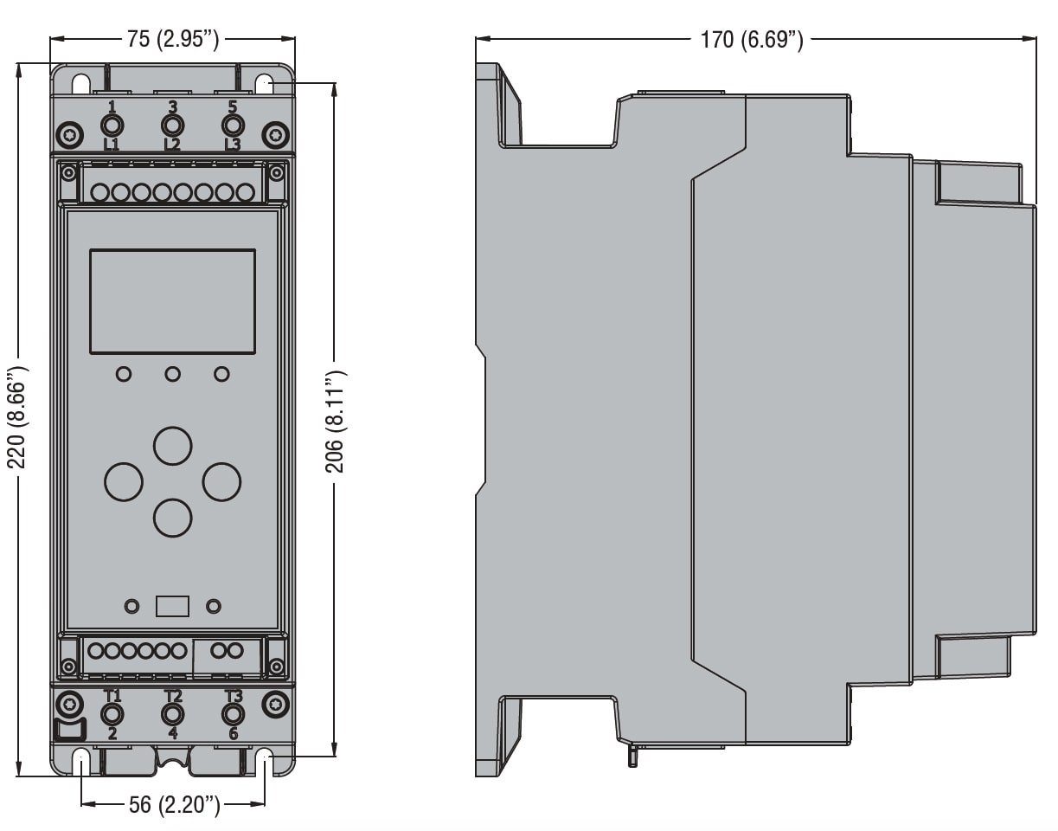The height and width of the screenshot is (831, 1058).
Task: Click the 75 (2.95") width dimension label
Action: (173, 40)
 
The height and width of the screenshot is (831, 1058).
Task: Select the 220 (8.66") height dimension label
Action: (18, 418)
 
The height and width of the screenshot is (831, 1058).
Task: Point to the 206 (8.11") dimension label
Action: (336, 421)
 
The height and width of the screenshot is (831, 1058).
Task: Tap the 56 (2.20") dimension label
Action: (173, 806)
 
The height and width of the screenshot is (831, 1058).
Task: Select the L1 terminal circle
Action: (112, 125)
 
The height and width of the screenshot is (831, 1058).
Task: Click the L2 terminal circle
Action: (172, 125)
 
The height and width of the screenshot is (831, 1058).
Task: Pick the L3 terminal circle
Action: (232, 125)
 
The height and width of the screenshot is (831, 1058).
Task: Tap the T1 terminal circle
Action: (112, 714)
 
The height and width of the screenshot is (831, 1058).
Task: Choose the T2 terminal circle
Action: (173, 714)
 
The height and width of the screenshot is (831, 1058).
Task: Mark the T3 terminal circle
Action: (233, 714)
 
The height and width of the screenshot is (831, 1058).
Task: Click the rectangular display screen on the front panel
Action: (173, 301)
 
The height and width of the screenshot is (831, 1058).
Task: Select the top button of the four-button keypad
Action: (172, 444)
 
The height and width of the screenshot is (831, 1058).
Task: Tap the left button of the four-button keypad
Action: (124, 481)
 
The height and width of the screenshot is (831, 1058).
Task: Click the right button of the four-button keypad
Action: (221, 481)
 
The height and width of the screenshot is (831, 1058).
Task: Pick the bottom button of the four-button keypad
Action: (172, 518)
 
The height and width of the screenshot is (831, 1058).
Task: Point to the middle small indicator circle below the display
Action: (173, 374)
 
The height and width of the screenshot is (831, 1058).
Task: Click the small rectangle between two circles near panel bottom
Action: (173, 606)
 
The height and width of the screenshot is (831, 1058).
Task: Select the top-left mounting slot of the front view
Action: (80, 85)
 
